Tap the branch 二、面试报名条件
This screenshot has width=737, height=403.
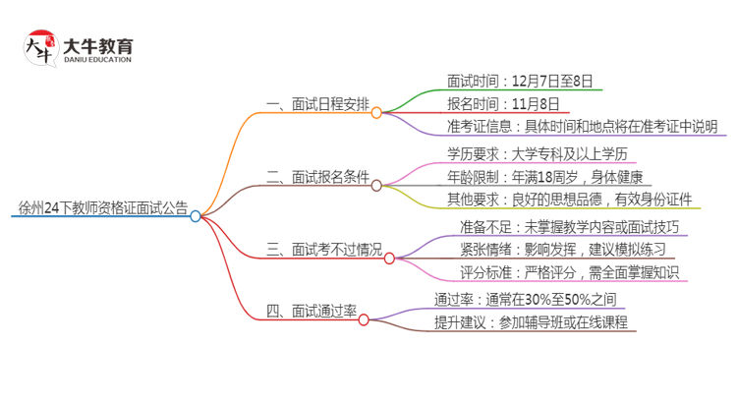point(316,178)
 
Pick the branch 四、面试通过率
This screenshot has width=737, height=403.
point(310,312)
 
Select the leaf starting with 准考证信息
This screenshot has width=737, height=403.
point(568,127)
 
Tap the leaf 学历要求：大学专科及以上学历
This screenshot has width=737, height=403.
point(536,154)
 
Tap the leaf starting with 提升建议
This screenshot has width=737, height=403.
point(530,322)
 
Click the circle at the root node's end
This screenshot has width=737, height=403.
point(196,216)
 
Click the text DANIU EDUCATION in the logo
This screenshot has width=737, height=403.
point(97,60)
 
